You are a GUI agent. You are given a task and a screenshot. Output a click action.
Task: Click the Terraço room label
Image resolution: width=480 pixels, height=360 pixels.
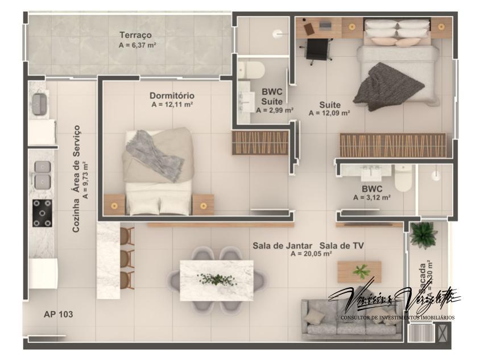click(135, 35)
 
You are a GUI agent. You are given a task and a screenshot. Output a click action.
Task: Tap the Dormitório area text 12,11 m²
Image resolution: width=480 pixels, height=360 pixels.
click(172, 105)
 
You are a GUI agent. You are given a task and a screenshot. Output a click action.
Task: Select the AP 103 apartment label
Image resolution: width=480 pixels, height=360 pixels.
click(58, 314)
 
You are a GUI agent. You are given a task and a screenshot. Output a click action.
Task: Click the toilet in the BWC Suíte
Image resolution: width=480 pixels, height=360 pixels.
click(251, 71)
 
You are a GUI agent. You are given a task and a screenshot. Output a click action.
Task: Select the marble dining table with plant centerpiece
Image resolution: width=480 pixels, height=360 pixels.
click(216, 279)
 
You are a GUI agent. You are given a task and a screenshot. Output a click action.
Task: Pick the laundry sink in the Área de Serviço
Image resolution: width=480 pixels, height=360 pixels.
click(39, 104)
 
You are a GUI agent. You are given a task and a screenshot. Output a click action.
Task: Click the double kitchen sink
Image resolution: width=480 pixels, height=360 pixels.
click(42, 174)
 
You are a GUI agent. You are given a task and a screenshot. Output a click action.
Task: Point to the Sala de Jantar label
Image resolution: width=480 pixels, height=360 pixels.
click(283, 246)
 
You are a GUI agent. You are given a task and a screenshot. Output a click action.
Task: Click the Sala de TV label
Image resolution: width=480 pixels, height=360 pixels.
click(342, 246)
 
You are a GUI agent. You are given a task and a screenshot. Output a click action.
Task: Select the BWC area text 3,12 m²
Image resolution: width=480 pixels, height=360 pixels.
click(371, 198)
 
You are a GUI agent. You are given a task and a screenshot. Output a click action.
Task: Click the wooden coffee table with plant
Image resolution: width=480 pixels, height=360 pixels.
click(359, 271)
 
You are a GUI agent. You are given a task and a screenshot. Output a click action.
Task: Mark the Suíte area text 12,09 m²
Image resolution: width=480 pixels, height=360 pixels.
click(329, 113)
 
